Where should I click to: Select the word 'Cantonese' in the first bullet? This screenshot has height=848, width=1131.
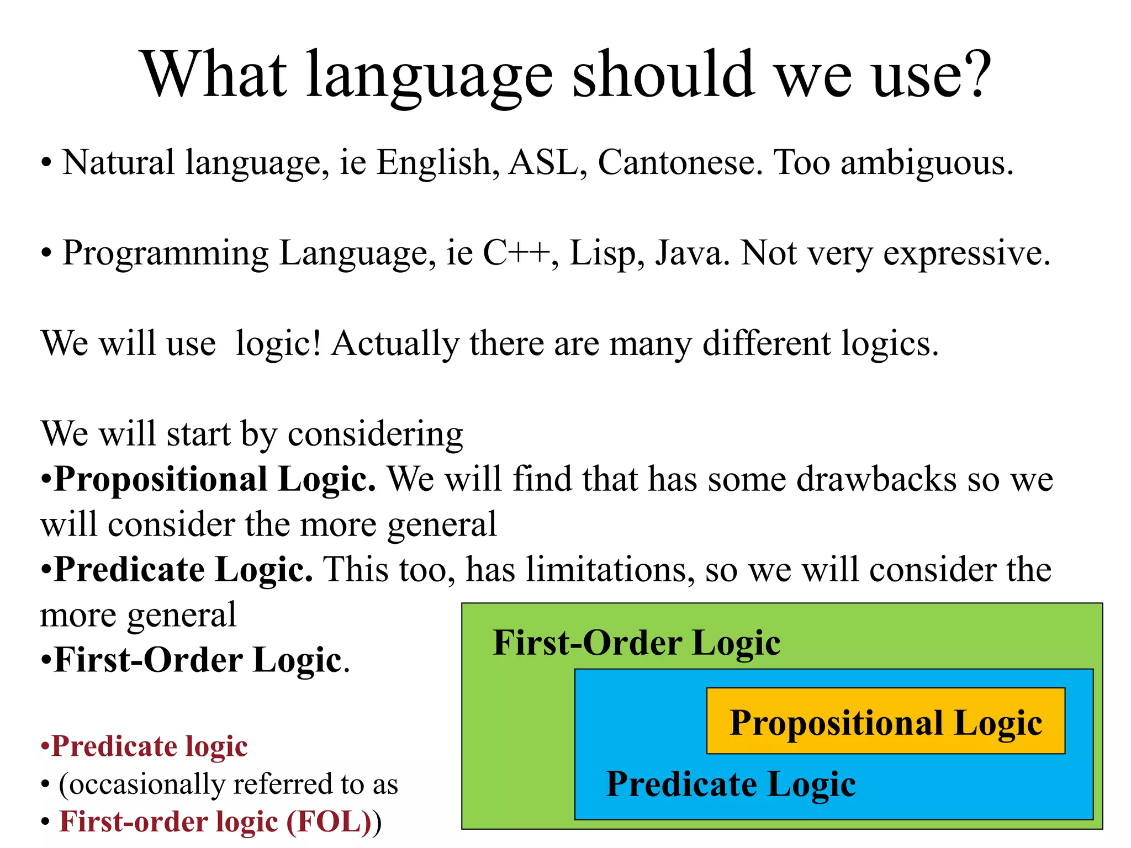(x=680, y=163)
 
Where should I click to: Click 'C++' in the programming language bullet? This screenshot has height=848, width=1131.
(x=516, y=253)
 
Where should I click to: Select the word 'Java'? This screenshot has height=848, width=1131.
(x=692, y=253)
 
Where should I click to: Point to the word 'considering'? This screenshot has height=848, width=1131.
(x=375, y=434)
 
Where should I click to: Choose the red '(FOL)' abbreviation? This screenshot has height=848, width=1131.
(x=329, y=821)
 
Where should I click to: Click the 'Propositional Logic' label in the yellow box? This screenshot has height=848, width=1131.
(x=885, y=723)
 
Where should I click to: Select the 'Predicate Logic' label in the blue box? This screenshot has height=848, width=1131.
(x=731, y=785)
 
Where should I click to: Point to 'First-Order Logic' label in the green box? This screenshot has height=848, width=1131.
(x=636, y=643)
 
